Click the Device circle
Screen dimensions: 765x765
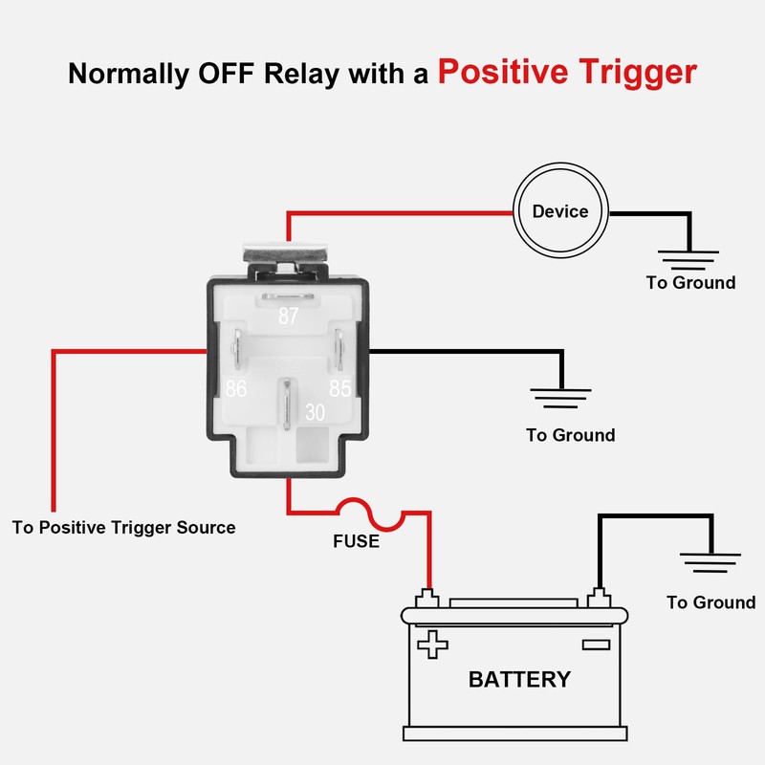point(560,211)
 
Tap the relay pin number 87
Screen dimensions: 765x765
point(288,317)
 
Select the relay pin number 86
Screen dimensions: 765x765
point(236,389)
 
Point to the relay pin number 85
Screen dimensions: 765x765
point(340,389)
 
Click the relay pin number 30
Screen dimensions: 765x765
point(316,412)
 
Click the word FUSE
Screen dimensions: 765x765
point(356,542)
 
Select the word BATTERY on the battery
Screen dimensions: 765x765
point(519,680)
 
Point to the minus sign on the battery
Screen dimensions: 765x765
point(596,644)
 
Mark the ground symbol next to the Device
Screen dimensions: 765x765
point(688,255)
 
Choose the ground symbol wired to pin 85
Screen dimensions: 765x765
point(560,395)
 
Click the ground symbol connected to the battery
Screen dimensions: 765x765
point(710,561)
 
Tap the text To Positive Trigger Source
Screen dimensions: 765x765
point(123,527)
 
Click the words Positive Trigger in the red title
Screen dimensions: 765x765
point(567,73)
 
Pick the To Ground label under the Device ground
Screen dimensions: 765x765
point(690,283)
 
